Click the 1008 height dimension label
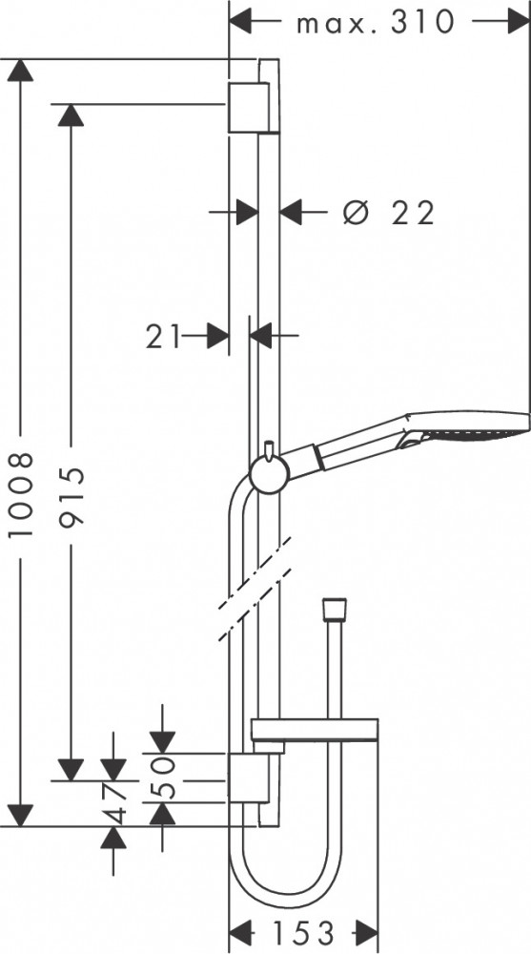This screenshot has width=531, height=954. [21, 494]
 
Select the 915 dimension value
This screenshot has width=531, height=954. [71, 496]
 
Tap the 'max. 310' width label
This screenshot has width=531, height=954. [376, 23]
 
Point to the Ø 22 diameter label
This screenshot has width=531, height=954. [389, 213]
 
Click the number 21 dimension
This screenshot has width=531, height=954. [164, 336]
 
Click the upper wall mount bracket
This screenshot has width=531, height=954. [249, 107]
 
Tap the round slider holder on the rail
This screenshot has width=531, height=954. [270, 474]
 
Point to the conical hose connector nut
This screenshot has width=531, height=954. [334, 608]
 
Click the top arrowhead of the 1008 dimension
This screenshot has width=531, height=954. [21, 70]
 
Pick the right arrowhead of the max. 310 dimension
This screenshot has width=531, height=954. [519, 22]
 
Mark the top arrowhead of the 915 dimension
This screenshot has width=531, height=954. [71, 115]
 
